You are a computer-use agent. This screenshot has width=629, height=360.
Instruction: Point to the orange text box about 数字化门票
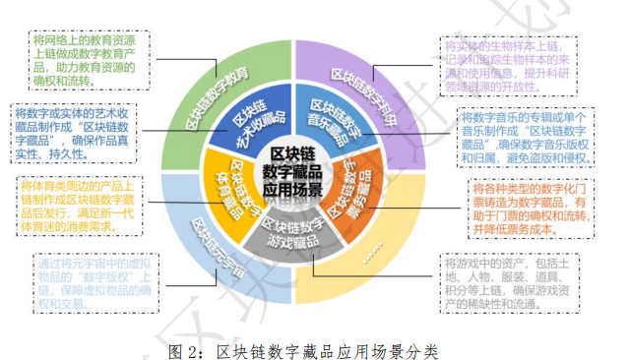click(533, 209)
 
